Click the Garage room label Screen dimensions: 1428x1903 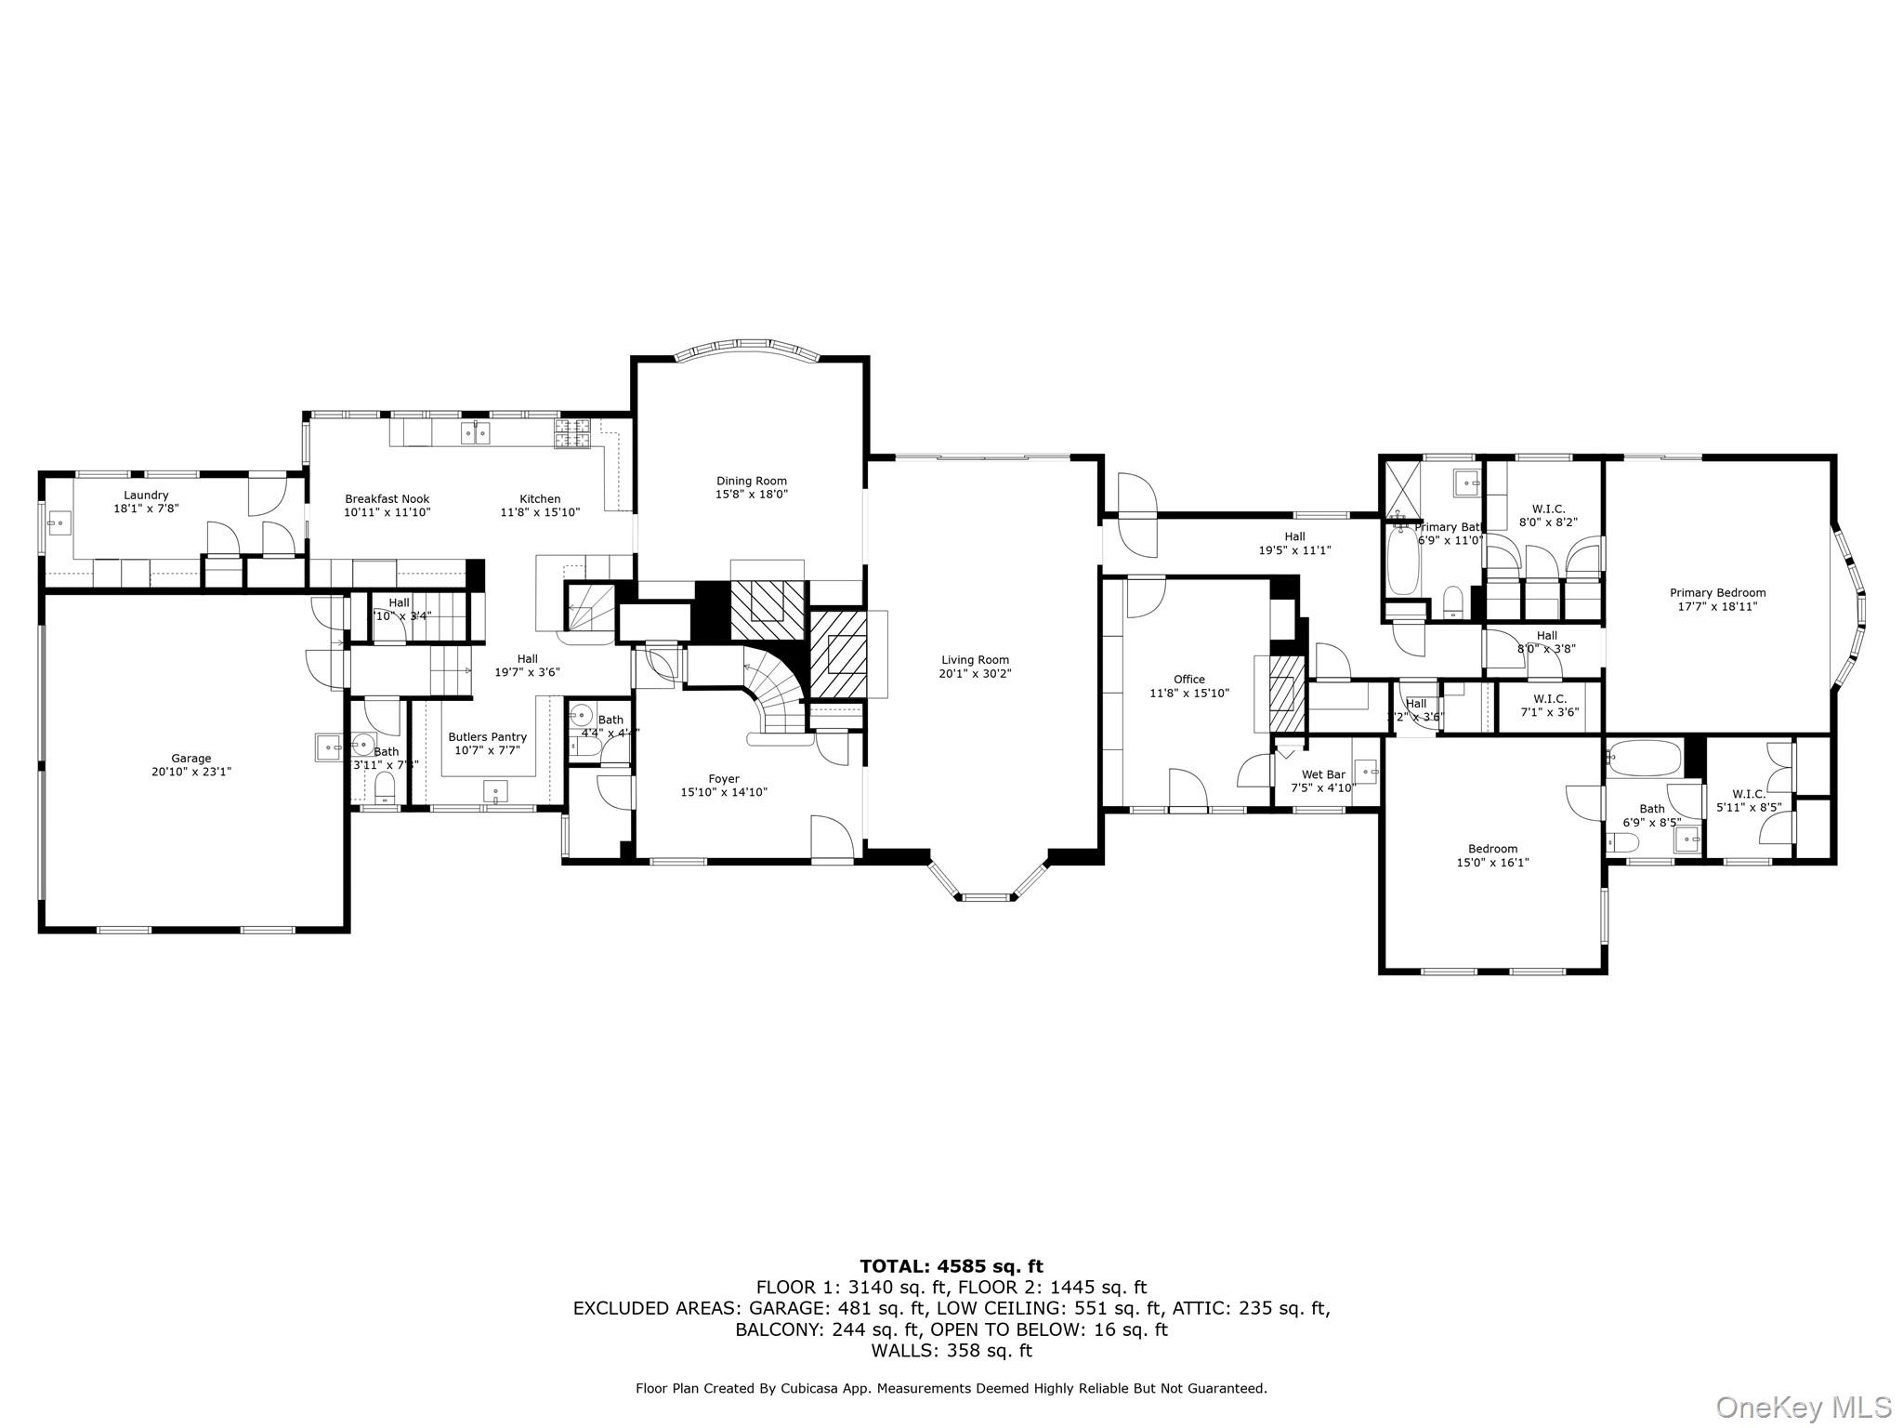[x=190, y=758]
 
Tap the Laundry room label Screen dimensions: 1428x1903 [x=146, y=496]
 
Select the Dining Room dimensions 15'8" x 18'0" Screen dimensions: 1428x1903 [x=751, y=495]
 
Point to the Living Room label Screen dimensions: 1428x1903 [x=974, y=660]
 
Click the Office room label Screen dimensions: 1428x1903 [x=1188, y=680]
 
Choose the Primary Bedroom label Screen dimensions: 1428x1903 [x=1717, y=593]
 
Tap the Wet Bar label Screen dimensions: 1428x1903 [x=1323, y=774]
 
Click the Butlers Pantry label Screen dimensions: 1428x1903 [x=487, y=737]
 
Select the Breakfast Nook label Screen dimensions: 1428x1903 [x=387, y=499]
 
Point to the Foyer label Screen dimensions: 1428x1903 [x=724, y=779]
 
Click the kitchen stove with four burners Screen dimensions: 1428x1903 [x=573, y=434]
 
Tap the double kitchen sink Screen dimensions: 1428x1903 [x=476, y=432]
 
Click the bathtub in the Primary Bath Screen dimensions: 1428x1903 [x=1402, y=559]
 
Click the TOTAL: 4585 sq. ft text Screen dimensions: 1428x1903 [x=951, y=1266]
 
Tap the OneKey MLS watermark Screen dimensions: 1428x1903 [x=1803, y=1407]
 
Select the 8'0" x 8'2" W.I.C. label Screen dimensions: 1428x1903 [x=1548, y=515]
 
